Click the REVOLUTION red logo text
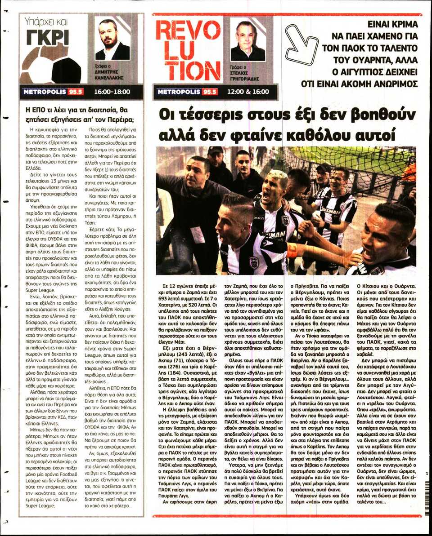pos(188,50)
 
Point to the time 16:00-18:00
pos(112,92)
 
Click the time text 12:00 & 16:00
pos(249,92)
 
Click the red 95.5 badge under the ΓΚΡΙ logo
pos(75,92)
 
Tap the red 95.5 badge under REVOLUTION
pos(209,92)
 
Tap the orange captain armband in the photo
pos(292,251)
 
